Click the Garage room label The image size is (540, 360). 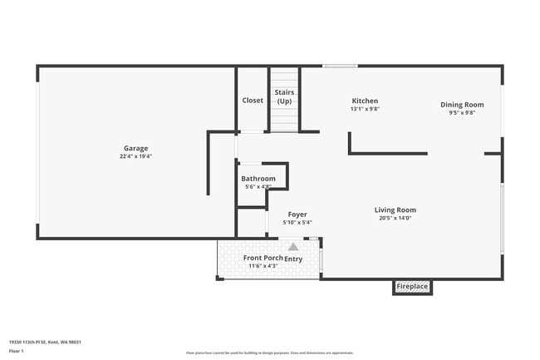click(x=136, y=148)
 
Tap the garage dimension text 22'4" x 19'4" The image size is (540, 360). click(x=136, y=155)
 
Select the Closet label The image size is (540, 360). click(x=253, y=101)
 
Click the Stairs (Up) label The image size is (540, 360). click(x=284, y=96)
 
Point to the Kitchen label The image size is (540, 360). click(x=365, y=101)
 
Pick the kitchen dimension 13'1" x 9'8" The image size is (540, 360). click(x=365, y=109)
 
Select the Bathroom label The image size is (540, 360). click(x=258, y=179)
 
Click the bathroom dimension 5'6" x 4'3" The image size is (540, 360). click(x=258, y=187)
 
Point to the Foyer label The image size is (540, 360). click(x=297, y=215)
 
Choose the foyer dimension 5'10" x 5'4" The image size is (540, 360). click(x=297, y=222)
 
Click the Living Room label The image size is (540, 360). click(x=395, y=210)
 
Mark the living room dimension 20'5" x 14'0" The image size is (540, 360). click(x=395, y=218)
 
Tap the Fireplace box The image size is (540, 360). click(x=412, y=287)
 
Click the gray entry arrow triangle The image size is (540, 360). click(x=293, y=247)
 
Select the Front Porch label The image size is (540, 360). click(x=263, y=258)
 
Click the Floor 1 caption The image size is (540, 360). click(x=17, y=352)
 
